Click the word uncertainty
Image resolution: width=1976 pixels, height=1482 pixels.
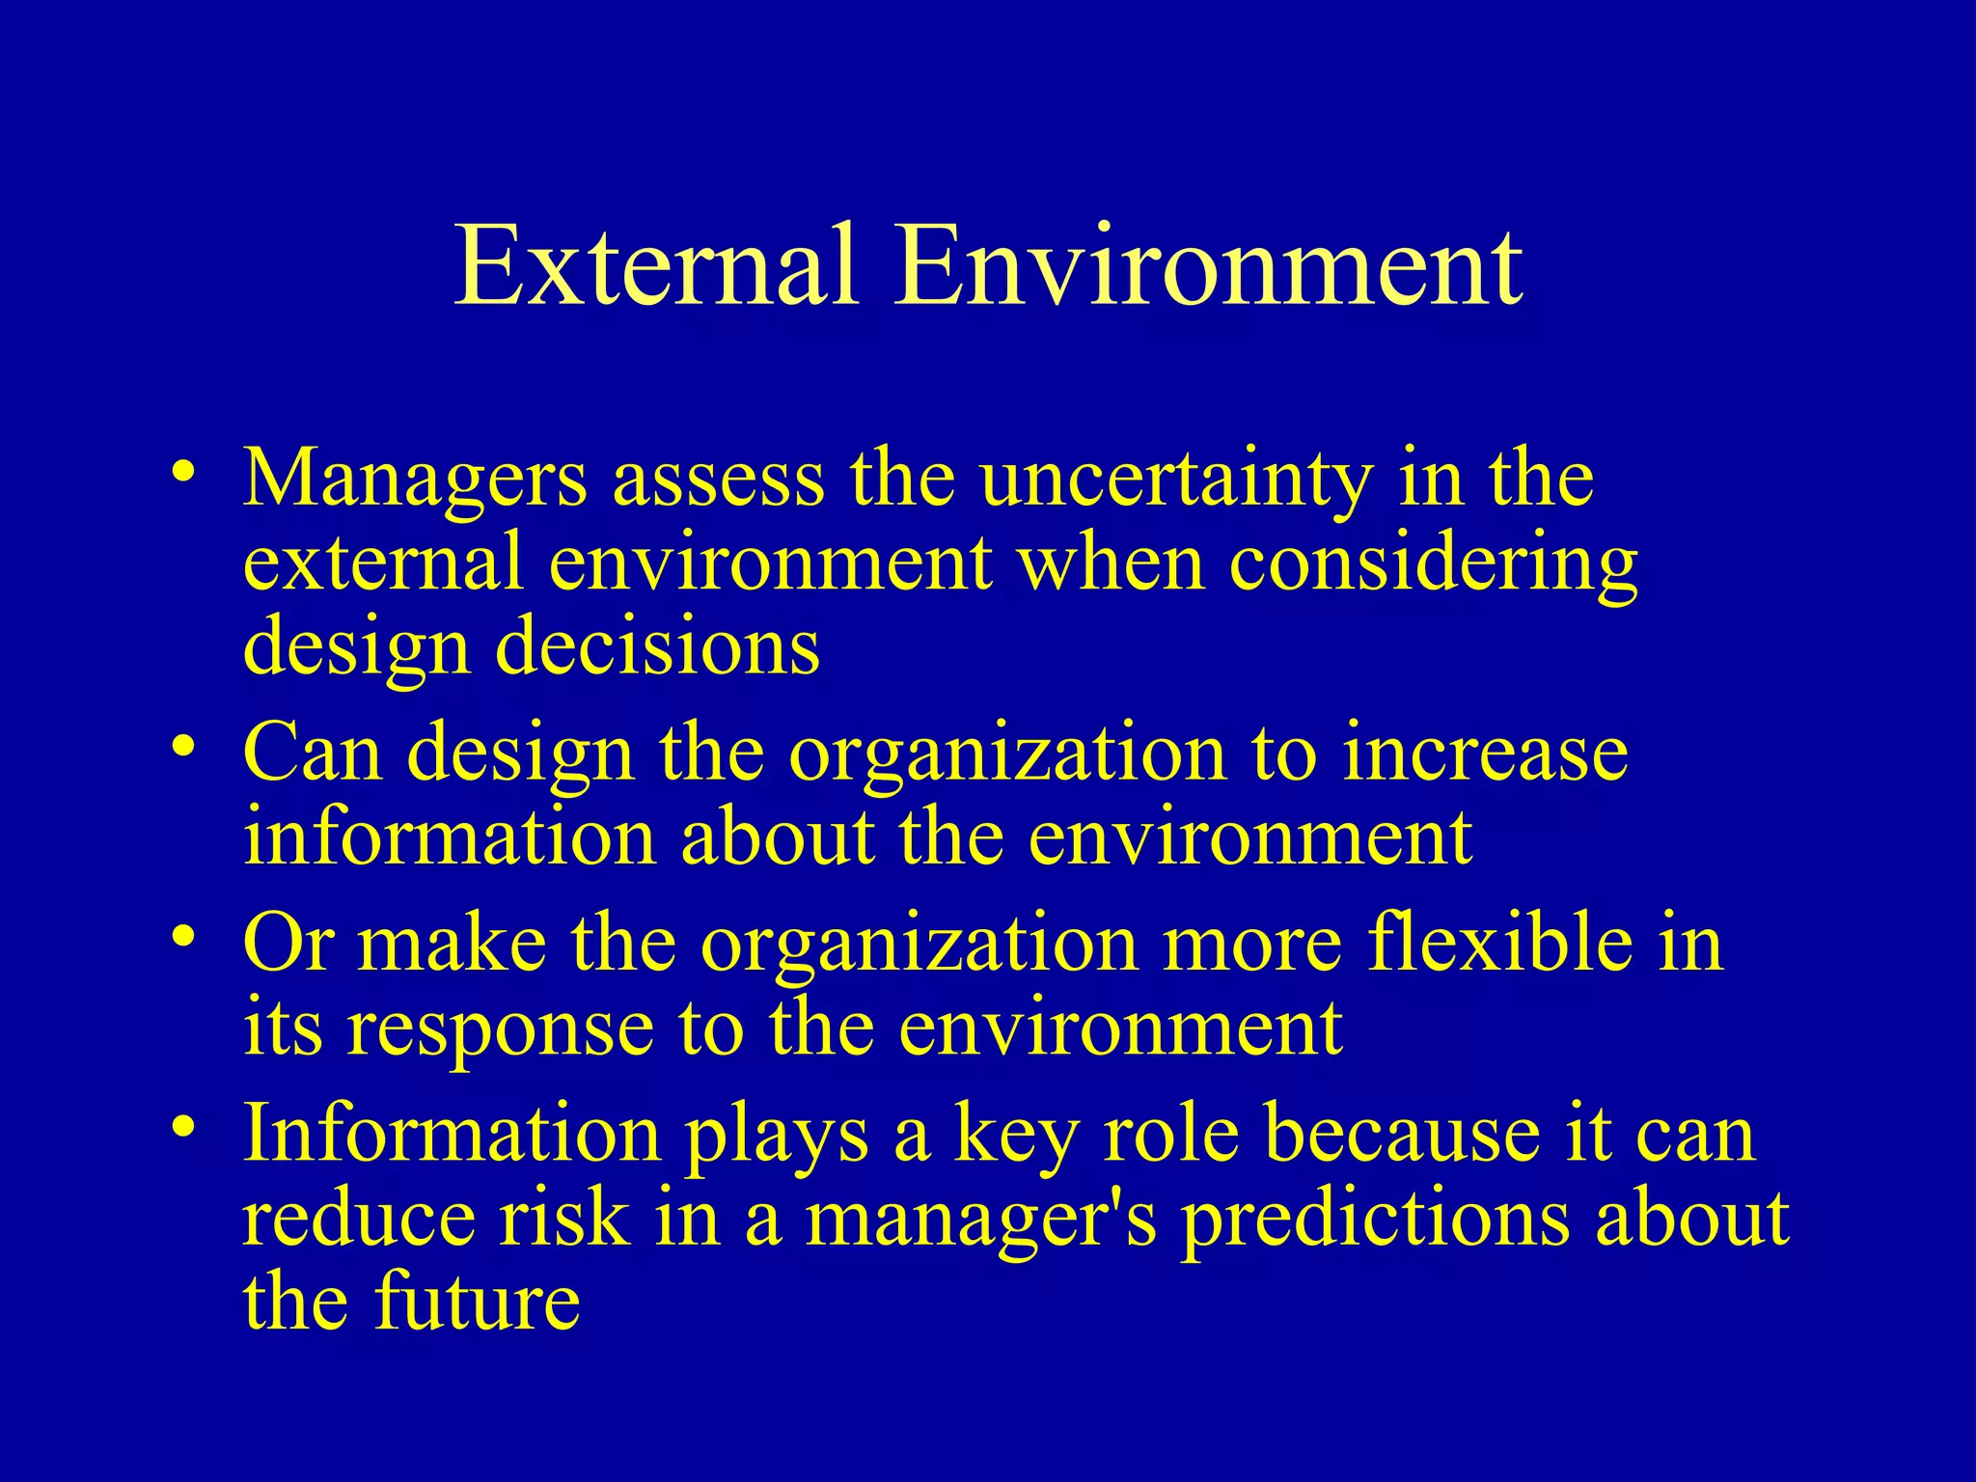[1174, 480]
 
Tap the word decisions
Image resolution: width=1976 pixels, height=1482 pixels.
[658, 645]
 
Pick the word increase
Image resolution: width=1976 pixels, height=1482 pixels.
[1485, 753]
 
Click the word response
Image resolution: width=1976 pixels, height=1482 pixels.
[499, 1029]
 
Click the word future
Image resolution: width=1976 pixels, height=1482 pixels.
[477, 1302]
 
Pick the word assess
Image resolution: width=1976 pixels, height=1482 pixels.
[719, 480]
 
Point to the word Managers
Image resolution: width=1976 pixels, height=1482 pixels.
[414, 480]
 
